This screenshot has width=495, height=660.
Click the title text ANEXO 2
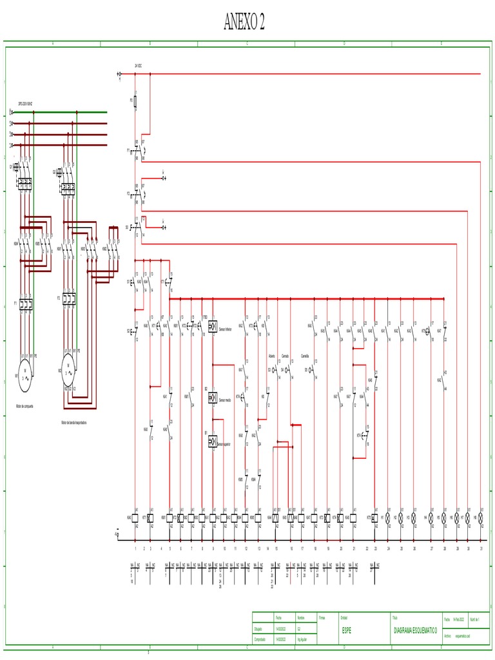point(244,23)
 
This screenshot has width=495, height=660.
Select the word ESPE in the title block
point(347,630)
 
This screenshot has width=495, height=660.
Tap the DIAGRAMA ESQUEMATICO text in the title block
point(415,630)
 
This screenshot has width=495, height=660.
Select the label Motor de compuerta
point(24,406)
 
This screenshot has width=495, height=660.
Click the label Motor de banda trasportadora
point(73,423)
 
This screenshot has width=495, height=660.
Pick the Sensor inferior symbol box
point(213,325)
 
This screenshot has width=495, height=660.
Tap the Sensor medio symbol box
point(213,398)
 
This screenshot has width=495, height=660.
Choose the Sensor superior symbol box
point(213,442)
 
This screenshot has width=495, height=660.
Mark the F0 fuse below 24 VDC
point(135,101)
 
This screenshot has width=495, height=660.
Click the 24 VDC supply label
point(138,66)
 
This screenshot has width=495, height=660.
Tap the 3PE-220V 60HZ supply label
point(25,103)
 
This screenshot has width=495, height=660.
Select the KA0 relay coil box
point(135,518)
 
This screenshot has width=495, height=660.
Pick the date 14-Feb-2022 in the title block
point(459,619)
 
